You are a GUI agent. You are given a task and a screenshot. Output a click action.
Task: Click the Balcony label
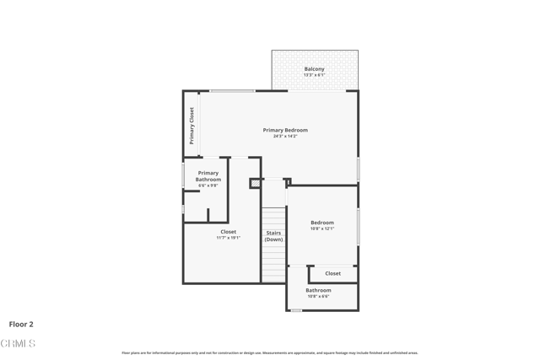[314, 69]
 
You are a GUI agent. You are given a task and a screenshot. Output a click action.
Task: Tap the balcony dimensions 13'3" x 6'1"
[314, 75]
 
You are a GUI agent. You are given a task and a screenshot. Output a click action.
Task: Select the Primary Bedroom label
[285, 130]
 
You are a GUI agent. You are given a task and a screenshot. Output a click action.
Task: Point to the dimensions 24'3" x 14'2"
[285, 137]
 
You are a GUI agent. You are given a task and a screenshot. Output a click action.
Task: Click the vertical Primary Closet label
[192, 126]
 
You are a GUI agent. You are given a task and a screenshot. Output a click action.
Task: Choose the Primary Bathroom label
[208, 176]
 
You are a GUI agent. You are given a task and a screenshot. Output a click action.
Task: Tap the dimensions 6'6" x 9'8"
[208, 185]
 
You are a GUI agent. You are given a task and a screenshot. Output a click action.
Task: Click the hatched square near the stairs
[255, 183]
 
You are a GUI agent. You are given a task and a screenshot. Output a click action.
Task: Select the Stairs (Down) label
[273, 236]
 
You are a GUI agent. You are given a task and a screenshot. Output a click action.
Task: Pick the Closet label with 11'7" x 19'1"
[229, 232]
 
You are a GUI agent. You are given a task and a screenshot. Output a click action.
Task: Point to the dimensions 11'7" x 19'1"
[229, 238]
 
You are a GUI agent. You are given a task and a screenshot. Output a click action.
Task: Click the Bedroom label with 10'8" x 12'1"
[322, 223]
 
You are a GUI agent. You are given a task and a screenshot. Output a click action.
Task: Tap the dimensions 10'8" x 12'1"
[322, 228]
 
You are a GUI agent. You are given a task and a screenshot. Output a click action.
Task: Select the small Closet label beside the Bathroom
[333, 273]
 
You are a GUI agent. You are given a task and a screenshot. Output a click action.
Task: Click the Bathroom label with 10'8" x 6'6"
[319, 290]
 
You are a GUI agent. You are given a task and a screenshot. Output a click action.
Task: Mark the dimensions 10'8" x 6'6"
[319, 296]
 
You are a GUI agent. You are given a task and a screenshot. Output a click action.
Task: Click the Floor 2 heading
[21, 324]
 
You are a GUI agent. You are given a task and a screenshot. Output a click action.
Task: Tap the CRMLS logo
[18, 343]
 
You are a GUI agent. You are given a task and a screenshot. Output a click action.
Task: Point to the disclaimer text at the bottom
[270, 352]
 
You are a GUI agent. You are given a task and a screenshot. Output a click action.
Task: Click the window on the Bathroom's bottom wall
[296, 310]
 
